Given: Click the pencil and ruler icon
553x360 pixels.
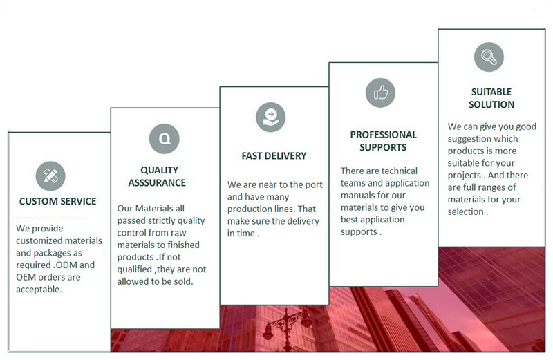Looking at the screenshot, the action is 50,176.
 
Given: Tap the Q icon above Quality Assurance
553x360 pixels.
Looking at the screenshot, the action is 165,139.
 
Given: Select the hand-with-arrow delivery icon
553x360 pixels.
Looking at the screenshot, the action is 270,117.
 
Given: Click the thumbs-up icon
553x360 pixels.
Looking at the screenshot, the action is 380,93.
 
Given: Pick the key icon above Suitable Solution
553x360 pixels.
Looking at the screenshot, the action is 489,57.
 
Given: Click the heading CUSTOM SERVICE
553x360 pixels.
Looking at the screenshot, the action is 58,201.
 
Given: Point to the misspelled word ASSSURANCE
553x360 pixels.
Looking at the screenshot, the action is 157,182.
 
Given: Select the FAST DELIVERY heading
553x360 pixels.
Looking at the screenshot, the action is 274,156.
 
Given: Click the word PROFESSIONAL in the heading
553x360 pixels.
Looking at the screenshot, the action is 384,135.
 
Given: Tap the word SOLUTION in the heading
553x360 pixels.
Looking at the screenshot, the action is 491,105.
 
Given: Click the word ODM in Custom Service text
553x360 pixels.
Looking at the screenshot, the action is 65,265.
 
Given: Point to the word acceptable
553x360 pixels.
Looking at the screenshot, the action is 39,290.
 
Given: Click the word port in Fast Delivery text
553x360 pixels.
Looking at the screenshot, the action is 314,184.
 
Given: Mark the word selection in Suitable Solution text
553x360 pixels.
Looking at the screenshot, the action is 465,211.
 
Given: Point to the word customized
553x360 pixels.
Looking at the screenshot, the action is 41,241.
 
